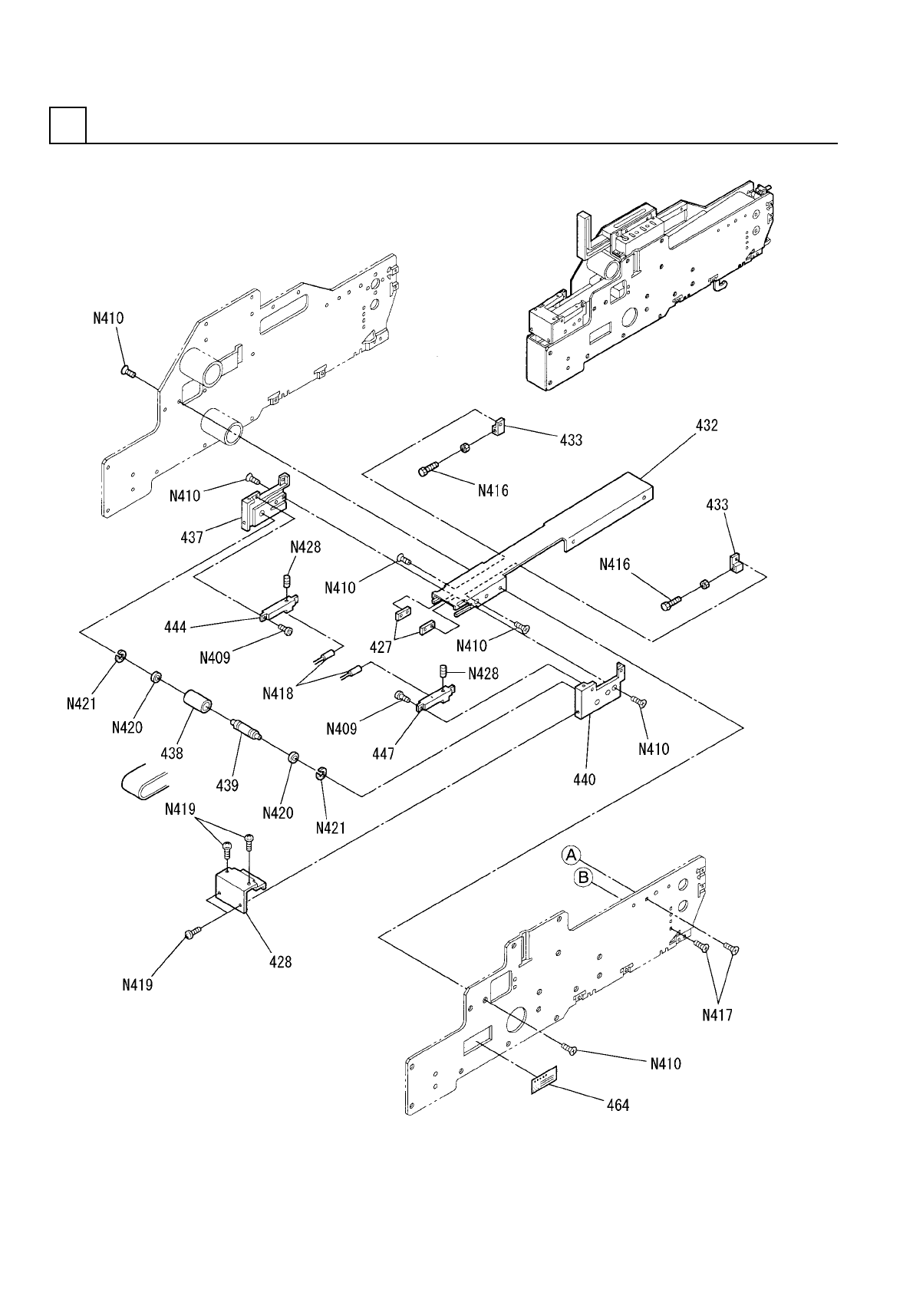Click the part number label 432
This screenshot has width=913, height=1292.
click(x=707, y=426)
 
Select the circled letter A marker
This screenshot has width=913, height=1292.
click(x=571, y=855)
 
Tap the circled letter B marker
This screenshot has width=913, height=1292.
click(x=584, y=878)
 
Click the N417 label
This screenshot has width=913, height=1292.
click(x=717, y=1014)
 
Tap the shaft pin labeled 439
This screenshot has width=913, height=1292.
click(x=247, y=728)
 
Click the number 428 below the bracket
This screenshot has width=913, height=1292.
click(x=280, y=961)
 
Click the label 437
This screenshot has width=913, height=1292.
click(x=192, y=537)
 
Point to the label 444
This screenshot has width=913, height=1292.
click(x=176, y=626)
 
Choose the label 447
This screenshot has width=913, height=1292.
click(x=383, y=753)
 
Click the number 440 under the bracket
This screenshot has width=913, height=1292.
click(x=585, y=779)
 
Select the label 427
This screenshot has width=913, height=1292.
click(x=381, y=648)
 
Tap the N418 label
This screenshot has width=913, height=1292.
click(x=278, y=694)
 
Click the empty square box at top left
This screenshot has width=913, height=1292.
click(x=68, y=125)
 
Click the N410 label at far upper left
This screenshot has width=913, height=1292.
click(x=108, y=318)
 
